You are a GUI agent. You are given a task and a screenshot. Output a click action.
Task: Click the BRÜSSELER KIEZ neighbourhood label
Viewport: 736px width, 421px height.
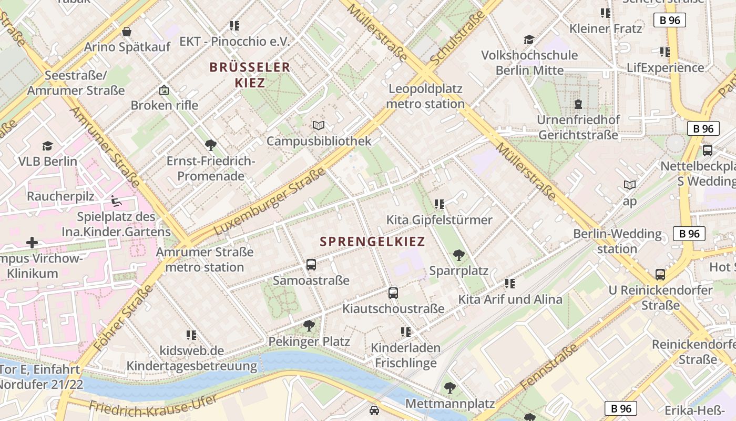click(250, 75)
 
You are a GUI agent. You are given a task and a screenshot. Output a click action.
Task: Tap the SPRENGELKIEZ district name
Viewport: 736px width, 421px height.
click(372, 242)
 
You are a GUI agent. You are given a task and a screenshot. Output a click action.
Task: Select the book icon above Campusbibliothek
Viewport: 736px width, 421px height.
click(319, 125)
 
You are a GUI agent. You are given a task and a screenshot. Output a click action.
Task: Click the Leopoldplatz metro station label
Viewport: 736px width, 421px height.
click(425, 96)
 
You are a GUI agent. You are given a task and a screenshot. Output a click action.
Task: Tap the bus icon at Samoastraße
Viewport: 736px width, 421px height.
click(311, 264)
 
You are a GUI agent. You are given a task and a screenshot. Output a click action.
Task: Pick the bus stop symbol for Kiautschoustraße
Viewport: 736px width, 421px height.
click(393, 293)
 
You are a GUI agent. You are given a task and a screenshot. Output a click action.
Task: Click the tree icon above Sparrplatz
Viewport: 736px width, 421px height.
click(458, 255)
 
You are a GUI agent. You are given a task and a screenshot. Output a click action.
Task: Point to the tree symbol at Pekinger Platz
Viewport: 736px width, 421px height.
click(309, 326)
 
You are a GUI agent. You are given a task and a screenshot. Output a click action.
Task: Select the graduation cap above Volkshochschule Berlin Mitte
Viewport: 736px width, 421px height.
click(529, 40)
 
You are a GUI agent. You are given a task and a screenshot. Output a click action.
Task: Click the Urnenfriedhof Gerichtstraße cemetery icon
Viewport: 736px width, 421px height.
click(578, 104)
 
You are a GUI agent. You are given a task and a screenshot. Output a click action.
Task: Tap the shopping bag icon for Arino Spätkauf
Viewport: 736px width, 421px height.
click(127, 32)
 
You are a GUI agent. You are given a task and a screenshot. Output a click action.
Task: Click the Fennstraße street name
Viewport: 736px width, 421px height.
click(549, 366)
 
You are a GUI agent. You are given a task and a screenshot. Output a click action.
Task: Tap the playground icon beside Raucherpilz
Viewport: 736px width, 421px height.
click(115, 201)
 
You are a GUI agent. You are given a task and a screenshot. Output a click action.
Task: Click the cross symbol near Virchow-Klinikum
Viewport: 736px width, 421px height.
click(32, 243)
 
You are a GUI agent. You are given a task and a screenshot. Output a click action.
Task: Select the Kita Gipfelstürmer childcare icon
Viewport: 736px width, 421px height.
click(439, 204)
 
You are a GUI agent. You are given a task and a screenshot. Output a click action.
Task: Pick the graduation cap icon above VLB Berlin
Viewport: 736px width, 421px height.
click(48, 146)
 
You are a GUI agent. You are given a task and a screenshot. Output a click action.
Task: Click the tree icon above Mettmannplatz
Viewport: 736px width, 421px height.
click(449, 388)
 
